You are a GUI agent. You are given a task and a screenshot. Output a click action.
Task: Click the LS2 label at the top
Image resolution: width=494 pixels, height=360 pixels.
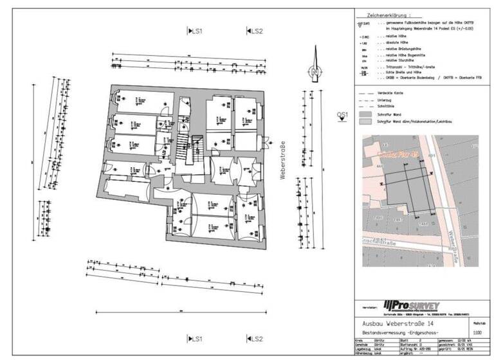click(x=255, y=31)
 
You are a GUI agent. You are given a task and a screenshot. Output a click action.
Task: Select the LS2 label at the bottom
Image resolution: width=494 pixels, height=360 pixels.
click(x=255, y=339)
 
